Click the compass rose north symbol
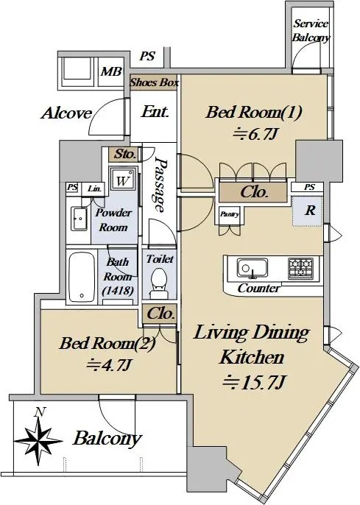38,439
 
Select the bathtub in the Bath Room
82,277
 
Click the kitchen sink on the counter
253,268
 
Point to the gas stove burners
301,268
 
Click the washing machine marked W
123,181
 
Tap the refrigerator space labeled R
307,211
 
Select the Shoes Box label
155,82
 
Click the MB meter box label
111,71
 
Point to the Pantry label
230,214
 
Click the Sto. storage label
124,154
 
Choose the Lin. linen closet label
95,188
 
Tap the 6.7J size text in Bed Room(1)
255,134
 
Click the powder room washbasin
79,219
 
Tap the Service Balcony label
311,31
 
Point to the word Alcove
67,113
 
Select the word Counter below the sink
258,289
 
